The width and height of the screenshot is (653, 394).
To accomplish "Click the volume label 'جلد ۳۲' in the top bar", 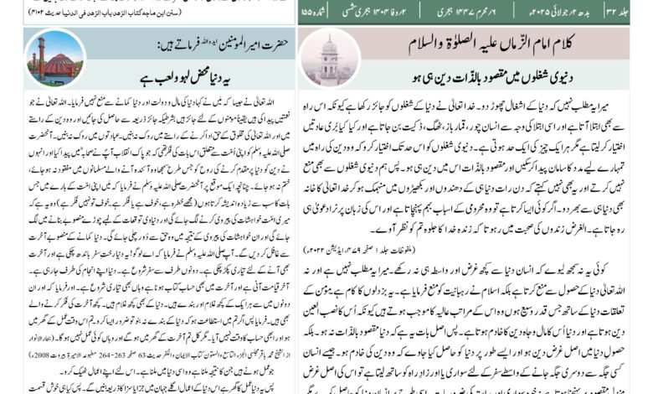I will pos(633,11).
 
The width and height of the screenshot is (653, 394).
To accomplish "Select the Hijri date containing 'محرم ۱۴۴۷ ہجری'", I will pos(494,11).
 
